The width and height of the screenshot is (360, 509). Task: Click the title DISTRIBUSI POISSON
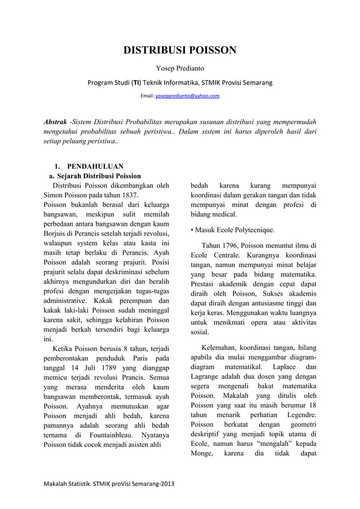tap(180, 51)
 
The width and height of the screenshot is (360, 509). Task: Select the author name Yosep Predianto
tap(179, 69)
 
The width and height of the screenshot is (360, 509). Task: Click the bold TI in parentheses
tap(136, 83)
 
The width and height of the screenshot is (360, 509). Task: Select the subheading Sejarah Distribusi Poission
tap(98, 176)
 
